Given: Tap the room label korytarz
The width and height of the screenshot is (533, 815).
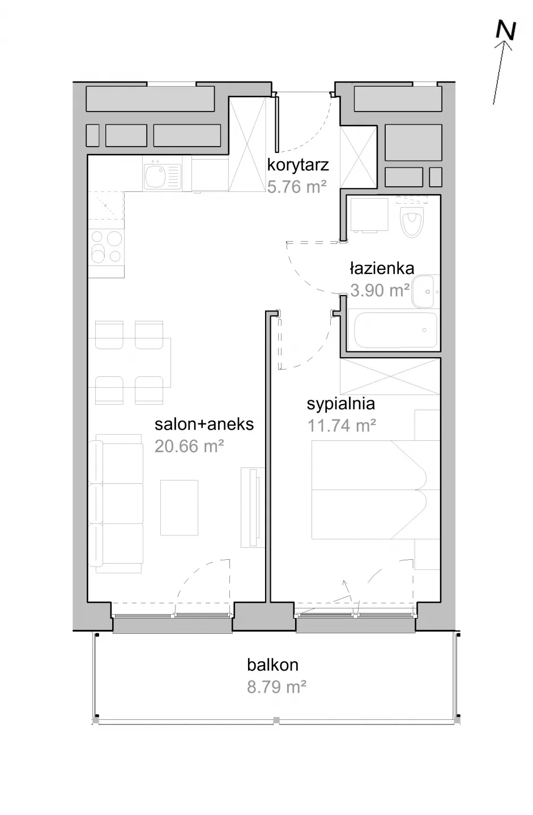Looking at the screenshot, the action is (298, 165).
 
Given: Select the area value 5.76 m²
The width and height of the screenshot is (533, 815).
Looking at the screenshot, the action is (296, 187).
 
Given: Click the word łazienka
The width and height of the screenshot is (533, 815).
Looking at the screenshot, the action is (382, 268).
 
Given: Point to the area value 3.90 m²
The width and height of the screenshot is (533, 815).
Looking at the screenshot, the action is (380, 290).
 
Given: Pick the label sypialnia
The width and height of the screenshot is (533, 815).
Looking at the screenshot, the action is (341, 404).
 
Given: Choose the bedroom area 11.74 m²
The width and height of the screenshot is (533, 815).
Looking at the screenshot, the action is (342, 426).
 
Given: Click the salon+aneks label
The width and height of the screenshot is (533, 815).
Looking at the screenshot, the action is (204, 424).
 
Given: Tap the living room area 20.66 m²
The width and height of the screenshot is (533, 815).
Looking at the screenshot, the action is (189, 446).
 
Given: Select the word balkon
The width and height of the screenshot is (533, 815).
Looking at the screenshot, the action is (272, 665).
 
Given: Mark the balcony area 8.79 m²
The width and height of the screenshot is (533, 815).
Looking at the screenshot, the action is (276, 687).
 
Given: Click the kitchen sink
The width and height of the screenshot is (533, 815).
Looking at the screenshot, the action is (163, 177).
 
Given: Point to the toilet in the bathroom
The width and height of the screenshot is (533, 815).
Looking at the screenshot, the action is (412, 219).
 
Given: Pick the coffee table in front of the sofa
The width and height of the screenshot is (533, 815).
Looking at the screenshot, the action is (179, 508).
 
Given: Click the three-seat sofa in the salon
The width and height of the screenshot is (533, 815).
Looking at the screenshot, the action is (116, 504).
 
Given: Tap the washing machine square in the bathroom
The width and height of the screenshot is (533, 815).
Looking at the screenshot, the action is (368, 215).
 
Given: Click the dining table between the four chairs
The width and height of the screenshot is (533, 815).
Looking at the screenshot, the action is (129, 362).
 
